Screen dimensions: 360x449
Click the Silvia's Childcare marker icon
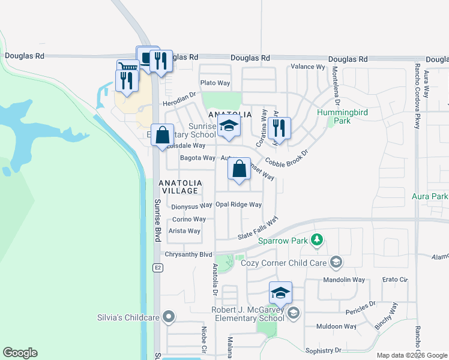pos(169,317)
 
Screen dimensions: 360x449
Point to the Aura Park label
pos(430,196)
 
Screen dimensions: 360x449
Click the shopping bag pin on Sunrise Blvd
pos(163,136)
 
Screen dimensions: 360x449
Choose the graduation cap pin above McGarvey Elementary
pos(280,293)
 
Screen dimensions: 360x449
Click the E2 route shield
pos(157,266)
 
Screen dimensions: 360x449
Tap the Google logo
pos(20,352)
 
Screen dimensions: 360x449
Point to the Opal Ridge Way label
pos(238,205)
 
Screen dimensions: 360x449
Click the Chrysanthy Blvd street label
pos(189,254)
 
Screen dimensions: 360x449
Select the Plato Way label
pos(215,83)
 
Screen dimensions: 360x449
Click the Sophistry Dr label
pos(322,350)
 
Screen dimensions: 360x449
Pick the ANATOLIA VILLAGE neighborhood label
pos(178,187)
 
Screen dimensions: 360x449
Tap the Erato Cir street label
pos(395,280)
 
